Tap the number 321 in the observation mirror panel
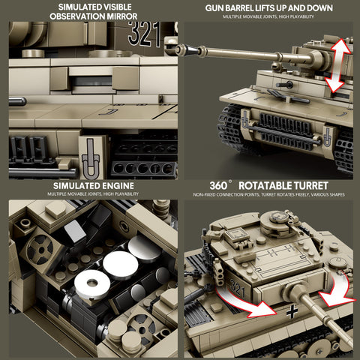point(144,34)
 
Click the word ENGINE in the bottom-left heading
point(114,185)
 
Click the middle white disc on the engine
point(120,263)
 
